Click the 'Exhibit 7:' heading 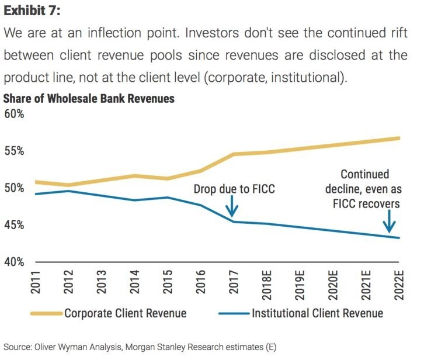[34, 11]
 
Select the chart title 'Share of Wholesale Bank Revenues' [89, 99]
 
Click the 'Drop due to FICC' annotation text [234, 189]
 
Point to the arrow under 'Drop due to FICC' [232, 206]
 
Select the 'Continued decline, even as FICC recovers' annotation [364, 189]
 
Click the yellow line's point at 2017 [232, 154]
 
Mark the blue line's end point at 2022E [399, 238]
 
